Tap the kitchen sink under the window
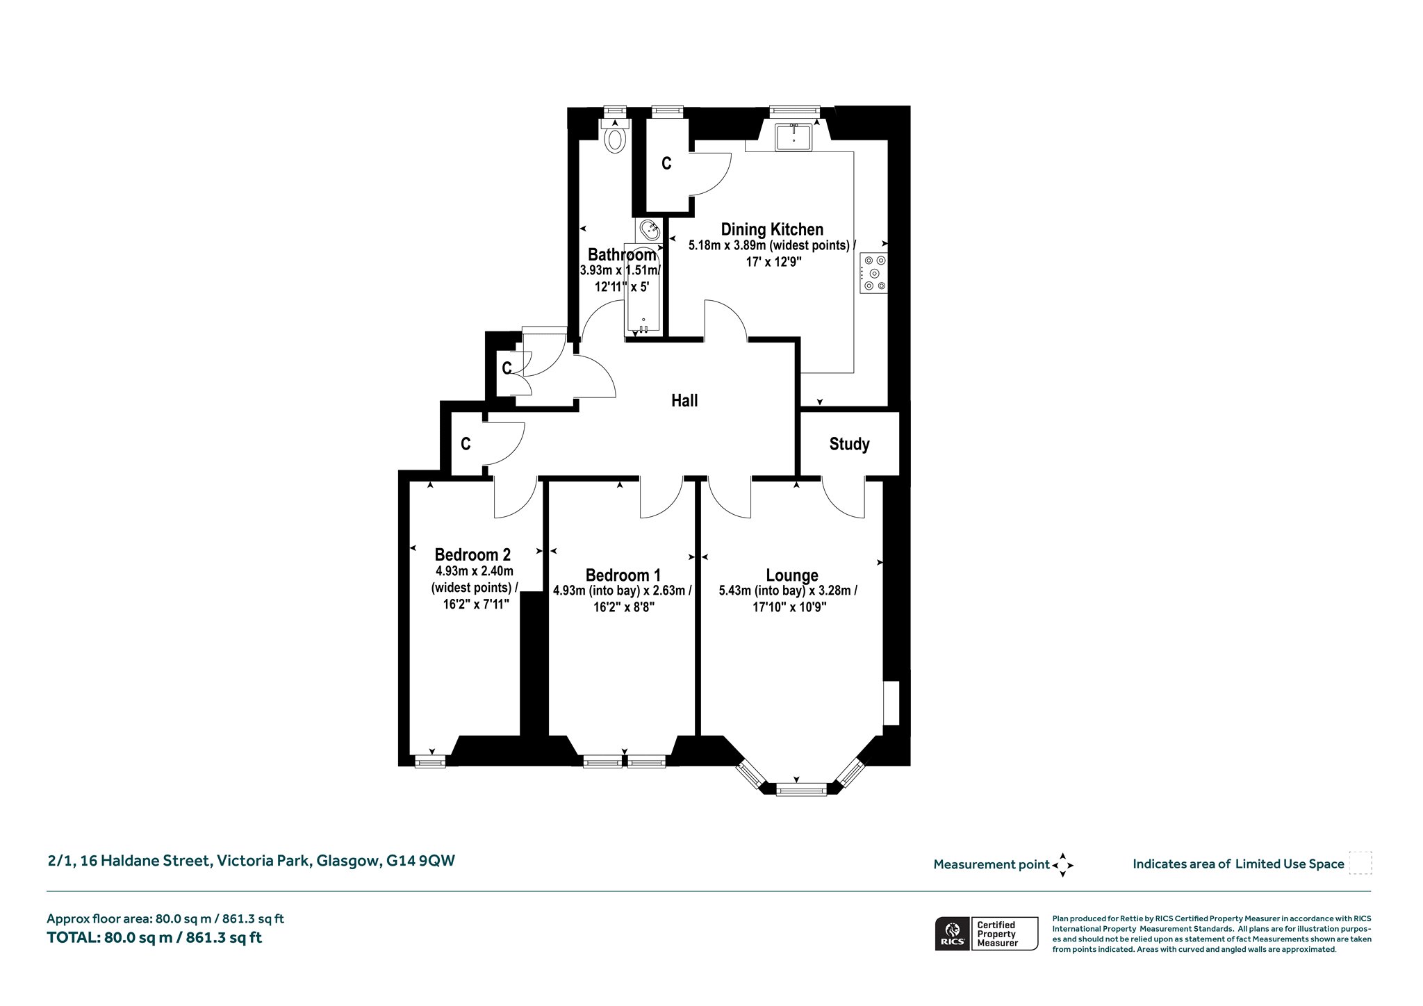(793, 136)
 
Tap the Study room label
(849, 445)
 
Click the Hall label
(684, 400)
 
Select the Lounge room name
(791, 575)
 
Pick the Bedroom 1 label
(623, 575)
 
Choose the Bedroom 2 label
(472, 554)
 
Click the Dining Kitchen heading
(772, 229)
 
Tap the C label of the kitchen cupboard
(666, 163)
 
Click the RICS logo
(951, 933)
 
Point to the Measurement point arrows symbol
(1062, 865)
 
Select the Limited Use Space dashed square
(1360, 863)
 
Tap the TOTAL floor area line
(154, 937)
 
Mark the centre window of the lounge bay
(801, 789)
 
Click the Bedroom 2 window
(430, 762)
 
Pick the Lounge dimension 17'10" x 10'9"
(789, 607)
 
